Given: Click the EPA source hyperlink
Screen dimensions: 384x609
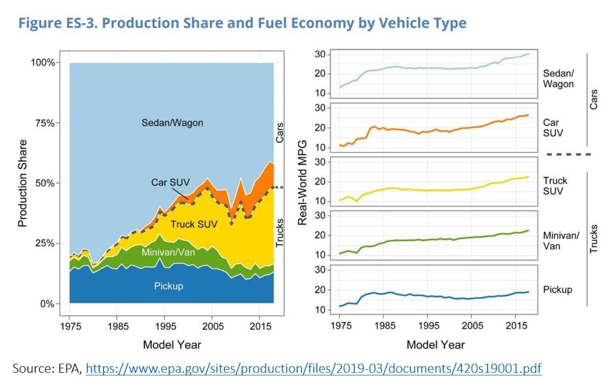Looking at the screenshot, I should pos(313,368).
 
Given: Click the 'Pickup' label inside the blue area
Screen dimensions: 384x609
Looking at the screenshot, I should pos(168,286).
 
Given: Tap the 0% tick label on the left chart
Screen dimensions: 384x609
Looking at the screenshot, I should pos(46,304).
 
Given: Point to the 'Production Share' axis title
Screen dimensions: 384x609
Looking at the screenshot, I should pos(23,184).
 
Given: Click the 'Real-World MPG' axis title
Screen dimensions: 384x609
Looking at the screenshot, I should pos(302,184).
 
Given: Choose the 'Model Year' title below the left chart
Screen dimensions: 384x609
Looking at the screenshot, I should pos(172,345).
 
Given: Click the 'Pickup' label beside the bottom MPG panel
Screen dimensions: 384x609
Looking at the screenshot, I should pos(557,290).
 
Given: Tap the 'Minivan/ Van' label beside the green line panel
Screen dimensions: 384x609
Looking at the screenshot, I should pos(561,240).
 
